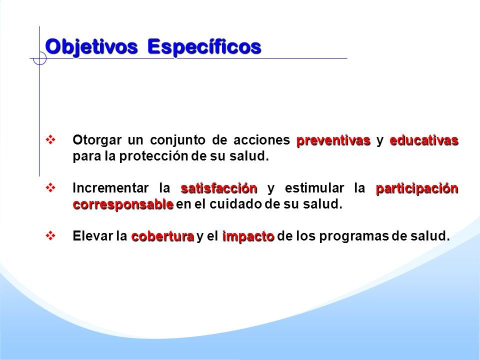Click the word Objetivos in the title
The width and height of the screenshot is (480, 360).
click(91, 47)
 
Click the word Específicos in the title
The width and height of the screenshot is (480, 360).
click(204, 47)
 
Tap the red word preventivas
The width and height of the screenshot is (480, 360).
click(333, 140)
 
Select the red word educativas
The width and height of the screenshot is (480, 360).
click(424, 140)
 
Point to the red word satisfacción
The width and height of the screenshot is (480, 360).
click(219, 188)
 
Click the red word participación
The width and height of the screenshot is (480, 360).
click(417, 188)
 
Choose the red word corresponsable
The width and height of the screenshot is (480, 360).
click(123, 204)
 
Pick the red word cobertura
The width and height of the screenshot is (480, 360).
click(162, 236)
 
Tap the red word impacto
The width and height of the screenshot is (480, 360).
click(248, 236)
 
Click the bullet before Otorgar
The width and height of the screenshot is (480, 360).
click(50, 140)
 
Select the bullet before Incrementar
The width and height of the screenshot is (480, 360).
click(50, 187)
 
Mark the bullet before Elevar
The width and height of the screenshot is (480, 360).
click(50, 235)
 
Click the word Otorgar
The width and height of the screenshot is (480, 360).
click(97, 140)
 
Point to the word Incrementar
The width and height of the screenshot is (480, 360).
click(110, 188)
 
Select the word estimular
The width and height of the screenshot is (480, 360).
click(314, 188)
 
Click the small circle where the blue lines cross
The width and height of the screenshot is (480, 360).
click(39, 58)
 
